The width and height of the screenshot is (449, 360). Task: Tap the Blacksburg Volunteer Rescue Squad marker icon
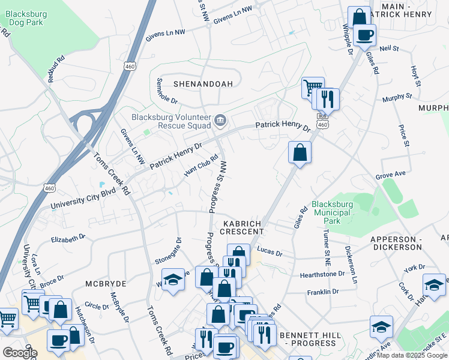[x=220, y=121]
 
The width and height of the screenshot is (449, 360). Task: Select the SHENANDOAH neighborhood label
[x=203, y=84]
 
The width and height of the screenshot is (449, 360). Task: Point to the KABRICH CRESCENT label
[x=243, y=227]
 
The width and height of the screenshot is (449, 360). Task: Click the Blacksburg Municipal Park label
[x=331, y=213]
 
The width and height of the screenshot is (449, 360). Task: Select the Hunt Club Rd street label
[x=200, y=168]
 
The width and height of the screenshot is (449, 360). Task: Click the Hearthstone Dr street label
[x=322, y=274]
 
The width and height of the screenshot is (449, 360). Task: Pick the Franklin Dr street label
[x=323, y=292]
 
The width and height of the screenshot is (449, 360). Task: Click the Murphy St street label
[x=397, y=96]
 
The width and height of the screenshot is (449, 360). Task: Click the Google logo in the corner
[x=20, y=353]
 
